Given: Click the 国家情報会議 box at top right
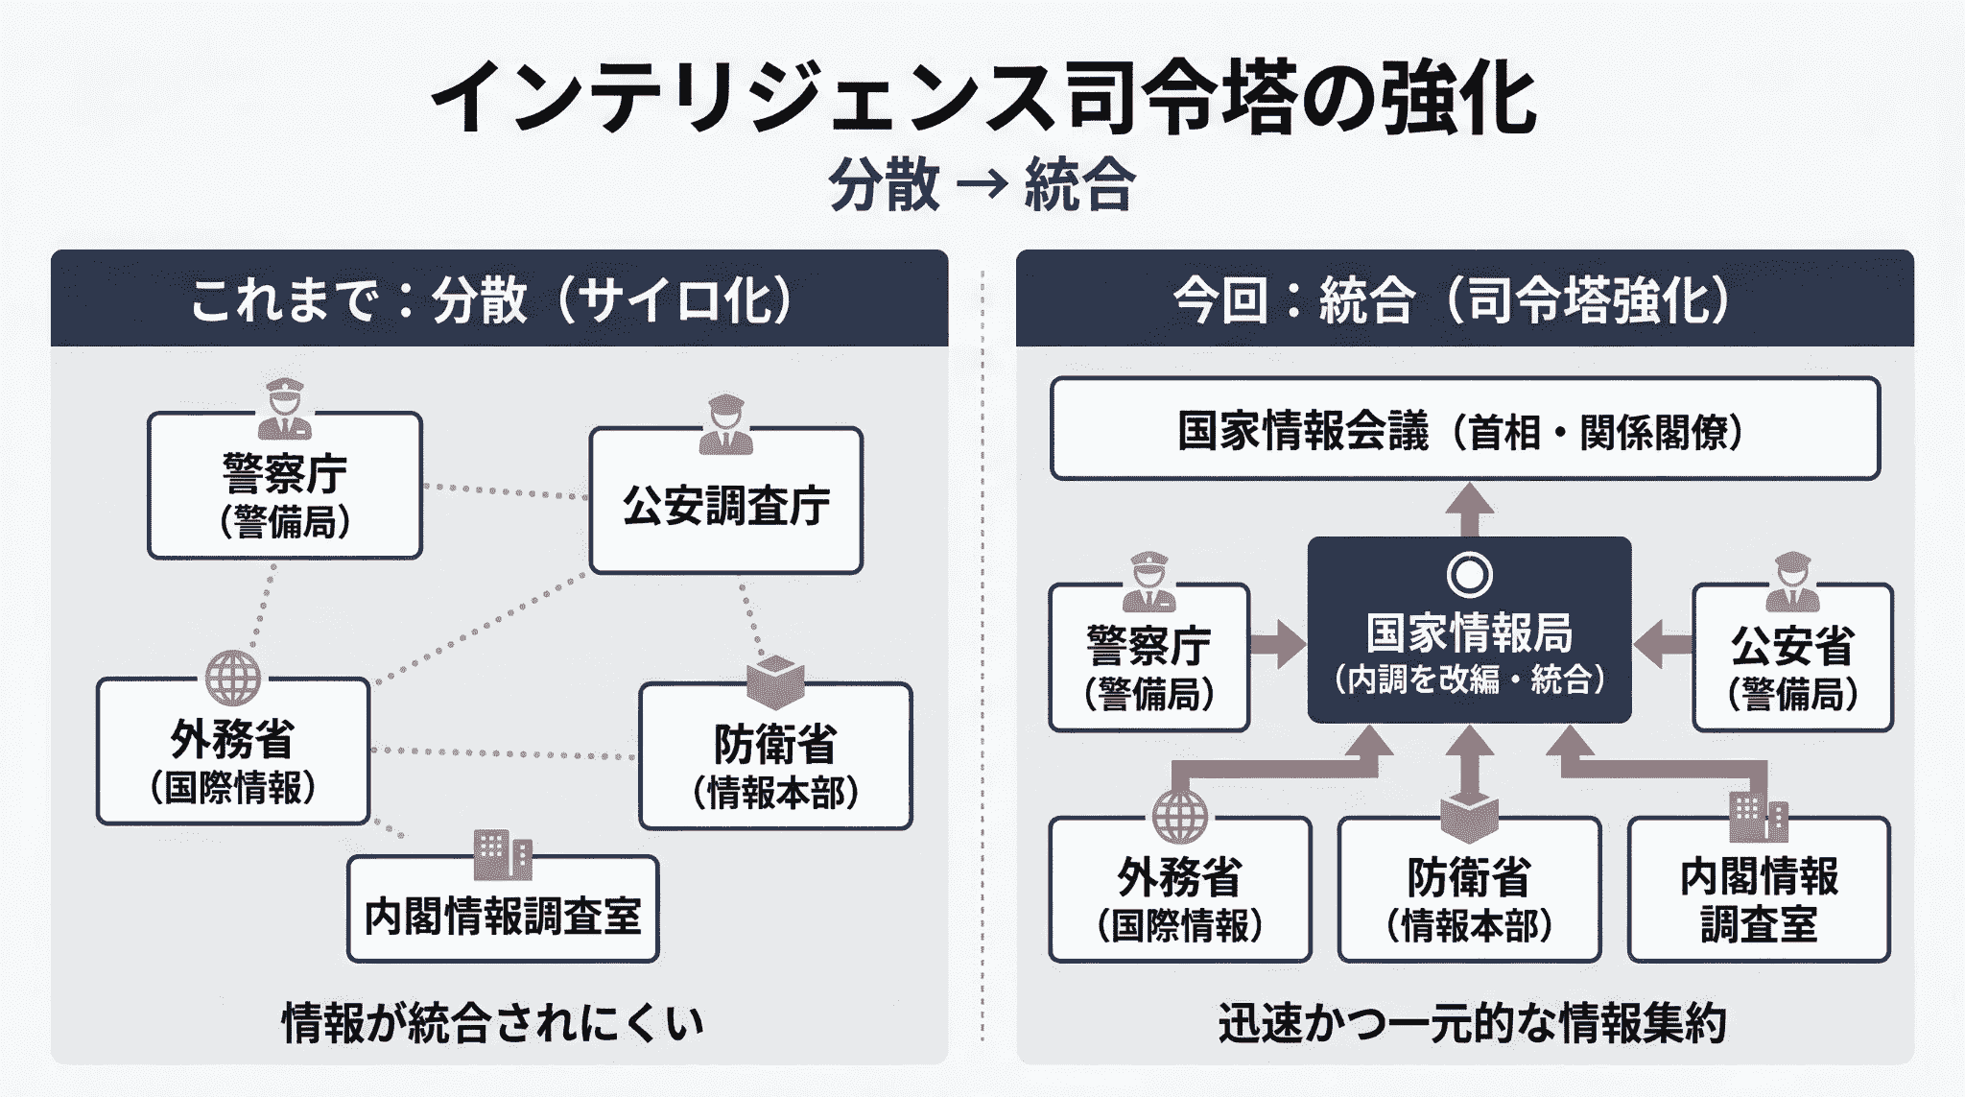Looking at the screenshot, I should [x=1464, y=429].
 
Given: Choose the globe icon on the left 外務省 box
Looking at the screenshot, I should [x=232, y=678].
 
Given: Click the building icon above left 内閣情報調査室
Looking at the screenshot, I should [x=503, y=854].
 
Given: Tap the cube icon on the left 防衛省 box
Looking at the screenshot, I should [x=775, y=682].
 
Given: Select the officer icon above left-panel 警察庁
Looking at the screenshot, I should [x=285, y=408].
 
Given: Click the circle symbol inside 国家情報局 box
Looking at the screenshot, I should [x=1469, y=575].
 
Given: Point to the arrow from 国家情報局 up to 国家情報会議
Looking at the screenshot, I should [x=1469, y=509].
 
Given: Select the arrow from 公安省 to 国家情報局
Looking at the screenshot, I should [x=1662, y=643].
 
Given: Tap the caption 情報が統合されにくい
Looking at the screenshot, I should [x=492, y=1023].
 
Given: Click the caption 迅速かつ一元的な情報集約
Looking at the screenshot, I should [x=1472, y=1023].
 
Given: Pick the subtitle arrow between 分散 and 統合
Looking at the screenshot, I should [x=982, y=182].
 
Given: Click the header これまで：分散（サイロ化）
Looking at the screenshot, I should [x=491, y=299].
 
